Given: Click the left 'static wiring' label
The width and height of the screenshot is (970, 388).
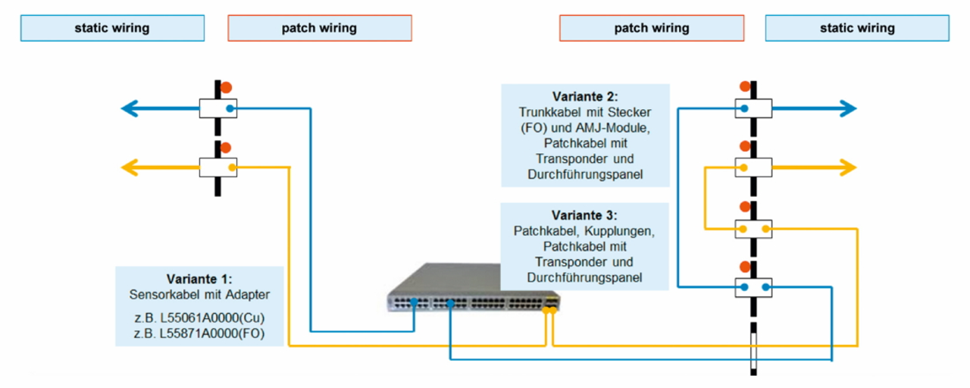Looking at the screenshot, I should coord(112,29).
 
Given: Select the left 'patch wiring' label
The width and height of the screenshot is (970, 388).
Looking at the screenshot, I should coord(319,29).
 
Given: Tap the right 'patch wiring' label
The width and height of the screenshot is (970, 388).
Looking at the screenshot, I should coord(651,29).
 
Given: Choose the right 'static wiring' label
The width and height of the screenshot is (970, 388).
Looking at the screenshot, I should coord(857,29).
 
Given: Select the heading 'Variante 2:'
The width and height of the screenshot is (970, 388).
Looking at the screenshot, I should coord(584,97).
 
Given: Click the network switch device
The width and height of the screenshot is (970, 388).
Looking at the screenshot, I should coord(470,292).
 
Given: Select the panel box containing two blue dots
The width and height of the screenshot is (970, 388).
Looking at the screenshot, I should coord(754,288).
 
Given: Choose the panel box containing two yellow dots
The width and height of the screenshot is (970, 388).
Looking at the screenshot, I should coord(754,229).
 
